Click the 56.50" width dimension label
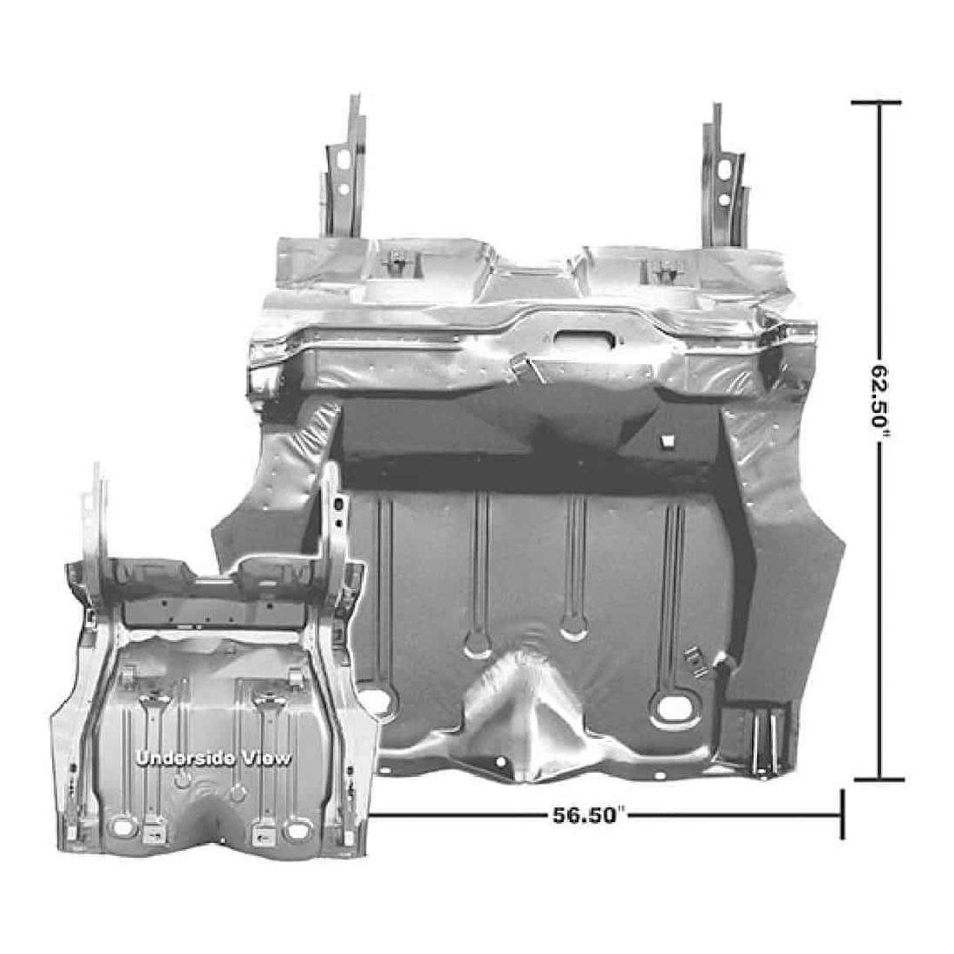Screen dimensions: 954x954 point(589,815)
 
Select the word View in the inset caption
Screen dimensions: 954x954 point(265,758)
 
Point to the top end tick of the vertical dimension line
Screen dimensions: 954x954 point(878,102)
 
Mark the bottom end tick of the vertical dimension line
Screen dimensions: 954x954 point(878,779)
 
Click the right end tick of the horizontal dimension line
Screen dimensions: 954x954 point(841,814)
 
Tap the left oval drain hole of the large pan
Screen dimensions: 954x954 point(375,698)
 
